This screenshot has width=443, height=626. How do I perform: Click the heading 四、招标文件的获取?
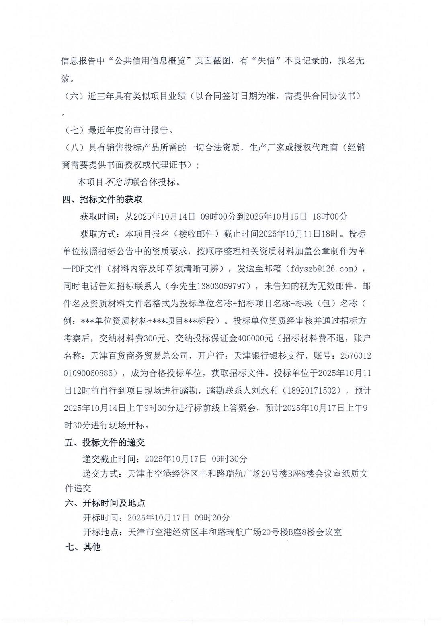[x=102, y=200]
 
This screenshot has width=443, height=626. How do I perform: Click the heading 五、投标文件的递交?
[x=105, y=442]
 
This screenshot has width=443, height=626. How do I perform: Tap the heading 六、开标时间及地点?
[x=105, y=503]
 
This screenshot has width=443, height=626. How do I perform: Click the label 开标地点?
[x=100, y=532]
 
